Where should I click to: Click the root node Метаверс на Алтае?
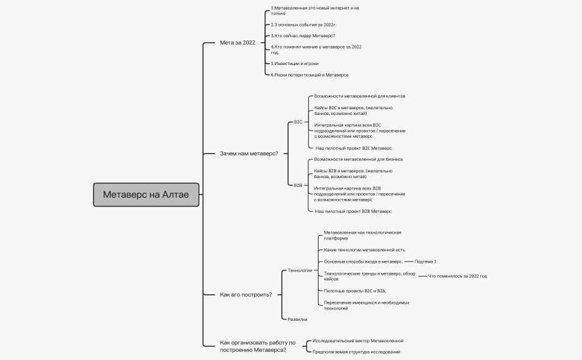pos(146,195)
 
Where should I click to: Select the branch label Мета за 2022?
pos(238,43)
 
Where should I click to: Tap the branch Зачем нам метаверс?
pos(249,153)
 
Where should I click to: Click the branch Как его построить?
pos(246,295)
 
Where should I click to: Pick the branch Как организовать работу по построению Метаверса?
pos(258,346)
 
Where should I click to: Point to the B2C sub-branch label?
pos(298,122)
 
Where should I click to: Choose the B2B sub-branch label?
pos(298,185)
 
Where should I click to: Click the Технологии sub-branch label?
pos(300,270)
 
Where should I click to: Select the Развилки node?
pos(297,319)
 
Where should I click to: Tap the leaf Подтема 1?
pos(425,261)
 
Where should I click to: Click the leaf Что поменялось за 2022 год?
pos(458,276)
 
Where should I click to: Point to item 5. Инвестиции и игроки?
pos(294,63)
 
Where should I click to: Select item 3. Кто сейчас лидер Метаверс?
pos(303,35)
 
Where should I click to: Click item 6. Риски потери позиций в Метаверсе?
pos(310,75)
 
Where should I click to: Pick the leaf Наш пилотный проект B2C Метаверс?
pos(354,148)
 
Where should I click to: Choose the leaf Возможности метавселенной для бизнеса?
pos(358,159)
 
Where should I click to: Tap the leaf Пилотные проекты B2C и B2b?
pos(355,291)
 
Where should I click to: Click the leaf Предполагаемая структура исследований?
pos(356,352)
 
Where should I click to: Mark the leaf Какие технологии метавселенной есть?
pos(365,249)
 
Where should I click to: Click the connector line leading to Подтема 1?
pos(409,261)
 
